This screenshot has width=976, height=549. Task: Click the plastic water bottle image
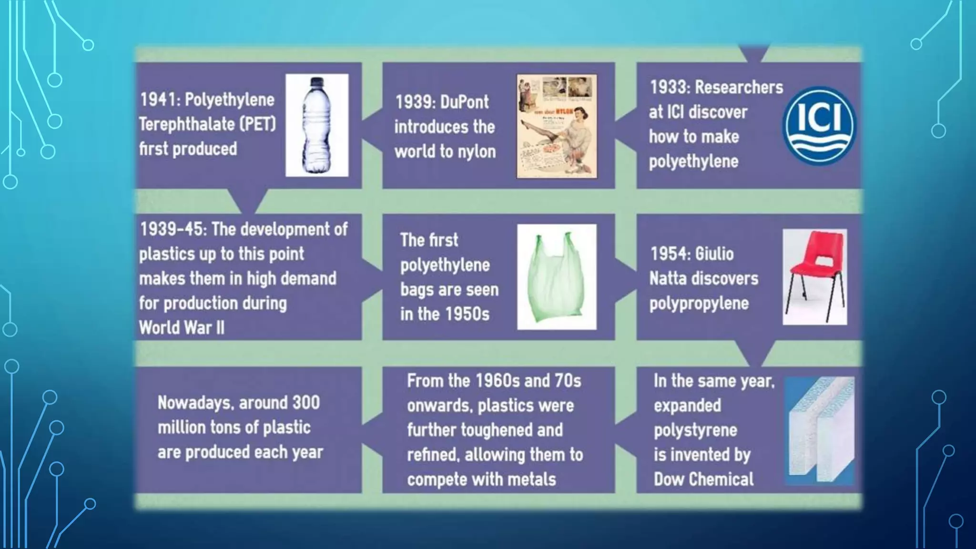(317, 125)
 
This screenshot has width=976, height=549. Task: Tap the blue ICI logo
(819, 125)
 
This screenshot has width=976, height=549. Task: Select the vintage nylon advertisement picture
(557, 126)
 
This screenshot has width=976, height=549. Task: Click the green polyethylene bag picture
(557, 276)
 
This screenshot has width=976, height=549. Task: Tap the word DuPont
(464, 102)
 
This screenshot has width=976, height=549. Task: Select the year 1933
(669, 87)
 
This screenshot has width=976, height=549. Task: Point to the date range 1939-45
(173, 229)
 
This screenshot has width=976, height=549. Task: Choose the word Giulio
(713, 254)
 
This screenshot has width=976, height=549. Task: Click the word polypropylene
(699, 304)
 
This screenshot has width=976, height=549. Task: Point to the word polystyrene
(695, 430)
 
